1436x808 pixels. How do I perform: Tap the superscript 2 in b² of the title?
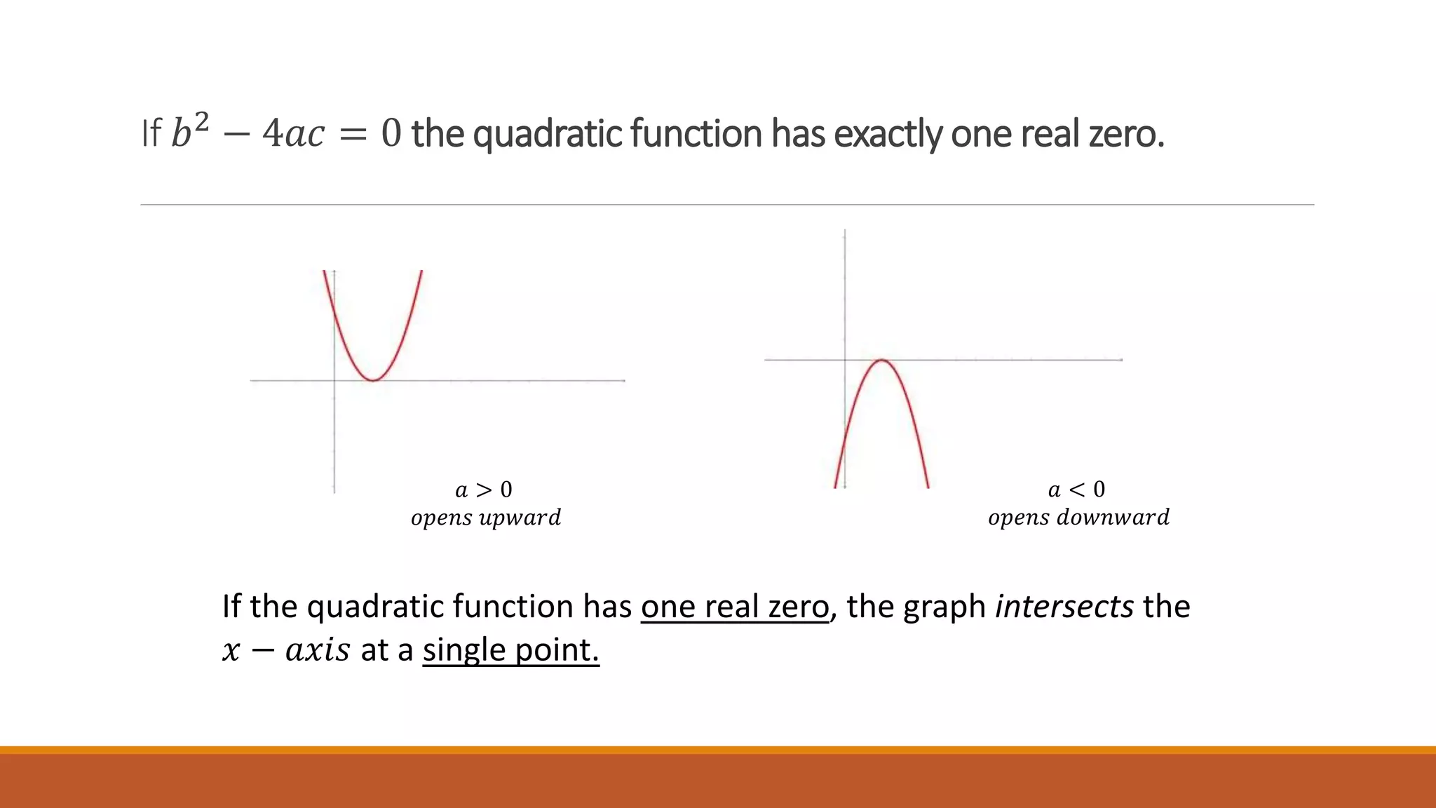pyautogui.click(x=201, y=122)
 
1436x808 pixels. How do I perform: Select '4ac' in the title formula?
pyautogui.click(x=293, y=133)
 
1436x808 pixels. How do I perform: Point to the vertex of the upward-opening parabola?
pyautogui.click(x=374, y=380)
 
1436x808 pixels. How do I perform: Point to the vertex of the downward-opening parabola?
pyautogui.click(x=882, y=360)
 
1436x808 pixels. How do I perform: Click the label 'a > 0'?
pyautogui.click(x=484, y=490)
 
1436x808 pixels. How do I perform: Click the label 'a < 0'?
pyautogui.click(x=1076, y=490)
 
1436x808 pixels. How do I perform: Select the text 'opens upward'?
pyautogui.click(x=486, y=518)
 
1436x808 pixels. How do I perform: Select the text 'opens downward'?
pyautogui.click(x=1078, y=518)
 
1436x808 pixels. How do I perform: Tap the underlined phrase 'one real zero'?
pyautogui.click(x=734, y=607)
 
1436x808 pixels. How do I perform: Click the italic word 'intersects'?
pyautogui.click(x=1064, y=607)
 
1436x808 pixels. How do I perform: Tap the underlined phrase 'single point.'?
pyautogui.click(x=510, y=650)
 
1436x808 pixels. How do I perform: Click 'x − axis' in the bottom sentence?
pyautogui.click(x=285, y=650)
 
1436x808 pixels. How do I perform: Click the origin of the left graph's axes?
pyautogui.click(x=334, y=380)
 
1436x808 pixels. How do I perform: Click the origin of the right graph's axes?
pyautogui.click(x=845, y=360)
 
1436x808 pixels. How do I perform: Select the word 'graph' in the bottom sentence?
pyautogui.click(x=944, y=607)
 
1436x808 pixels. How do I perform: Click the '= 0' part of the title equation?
pyautogui.click(x=370, y=133)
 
